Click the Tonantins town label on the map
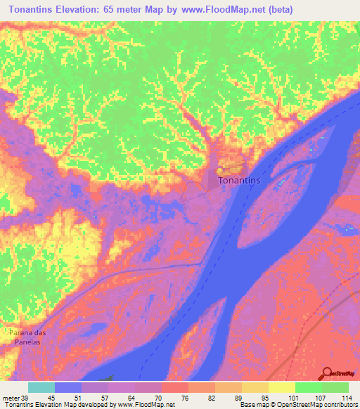240,181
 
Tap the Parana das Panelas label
27,336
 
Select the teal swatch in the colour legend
41,387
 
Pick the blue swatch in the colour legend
68,387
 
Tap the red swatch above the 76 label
174,387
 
